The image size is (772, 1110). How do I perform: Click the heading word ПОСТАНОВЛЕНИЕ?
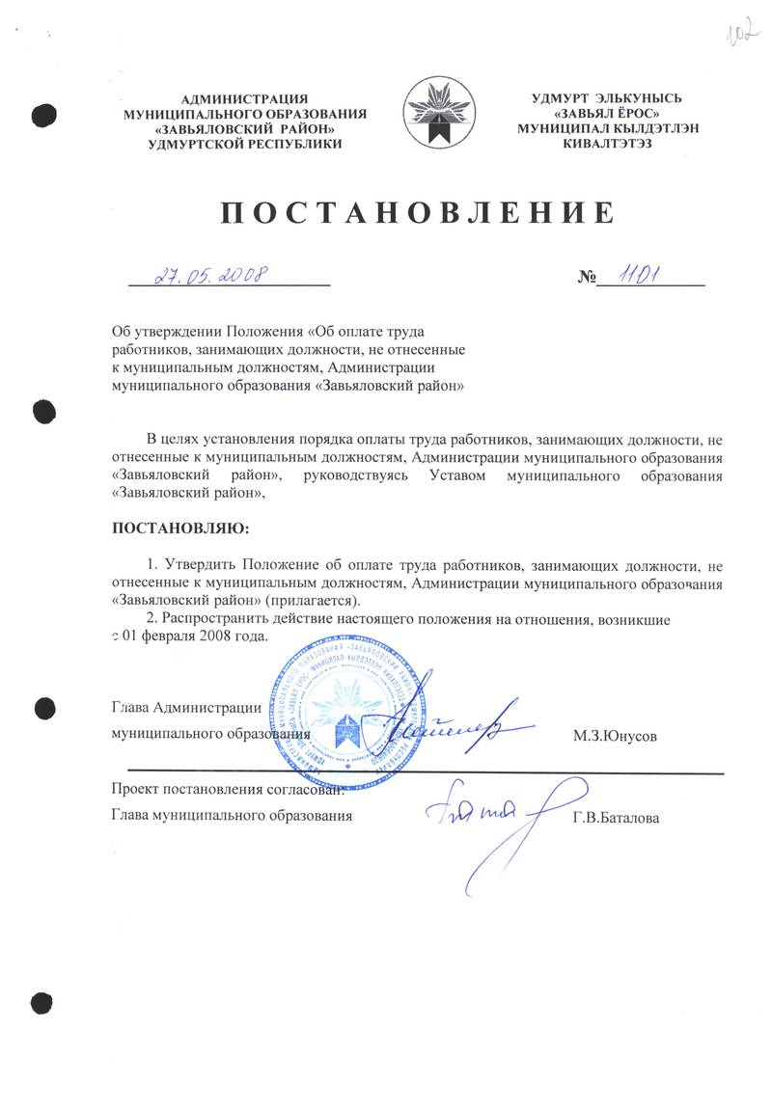click(x=417, y=213)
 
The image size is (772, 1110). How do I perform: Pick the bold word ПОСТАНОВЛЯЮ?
click(x=179, y=528)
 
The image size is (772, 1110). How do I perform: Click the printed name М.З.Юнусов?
click(x=615, y=736)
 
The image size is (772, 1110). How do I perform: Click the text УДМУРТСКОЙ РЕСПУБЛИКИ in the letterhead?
click(x=245, y=144)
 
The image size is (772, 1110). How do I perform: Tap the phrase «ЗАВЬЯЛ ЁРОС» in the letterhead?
click(x=607, y=113)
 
